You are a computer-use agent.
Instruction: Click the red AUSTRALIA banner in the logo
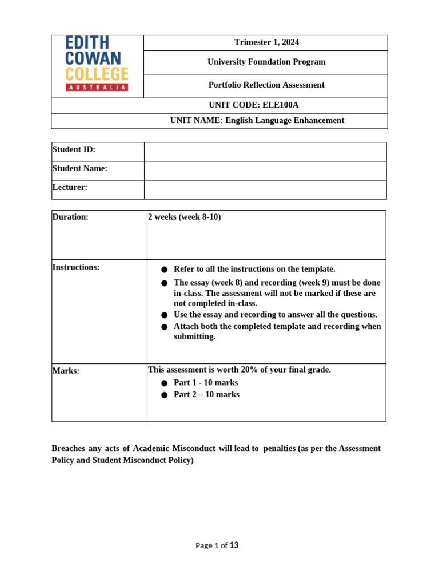point(97,87)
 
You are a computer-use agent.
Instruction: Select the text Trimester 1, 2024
point(266,42)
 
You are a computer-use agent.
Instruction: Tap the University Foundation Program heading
point(266,62)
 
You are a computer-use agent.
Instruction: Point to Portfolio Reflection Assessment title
point(266,85)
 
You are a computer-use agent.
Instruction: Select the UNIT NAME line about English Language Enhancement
point(257,120)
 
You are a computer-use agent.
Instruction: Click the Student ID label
point(74,149)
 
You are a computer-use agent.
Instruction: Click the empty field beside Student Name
point(265,170)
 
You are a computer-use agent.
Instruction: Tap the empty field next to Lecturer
point(265,189)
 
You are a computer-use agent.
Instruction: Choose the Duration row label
point(70,217)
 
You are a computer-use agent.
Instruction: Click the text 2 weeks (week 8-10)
point(184,217)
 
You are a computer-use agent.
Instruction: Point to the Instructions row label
point(75,267)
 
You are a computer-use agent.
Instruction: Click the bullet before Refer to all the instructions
point(165,270)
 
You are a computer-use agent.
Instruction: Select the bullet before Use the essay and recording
point(165,315)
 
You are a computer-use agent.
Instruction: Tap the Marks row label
point(66,371)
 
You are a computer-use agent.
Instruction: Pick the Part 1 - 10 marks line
point(206,382)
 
